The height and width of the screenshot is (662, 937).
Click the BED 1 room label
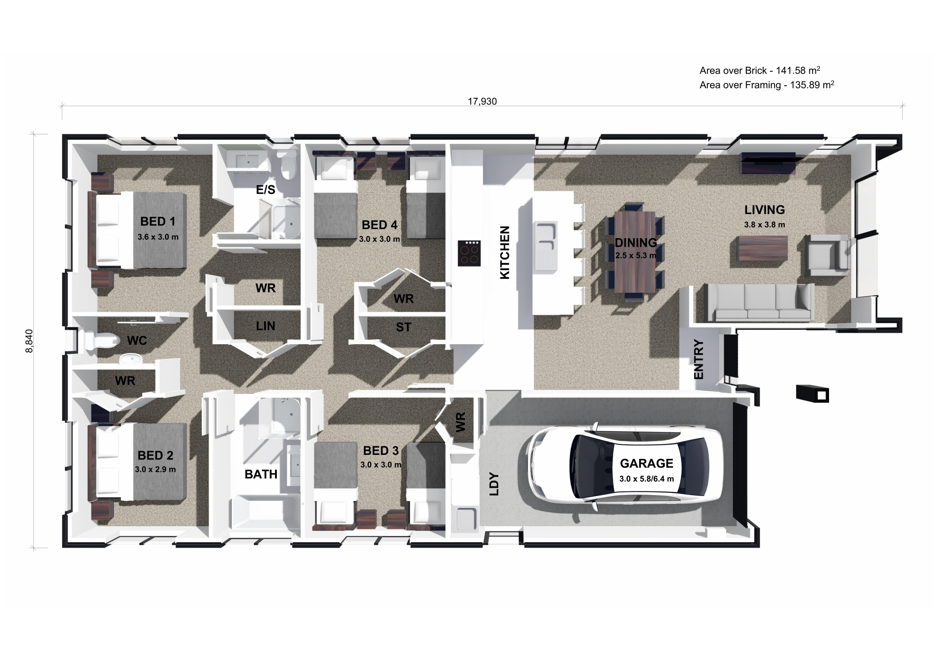point(158,222)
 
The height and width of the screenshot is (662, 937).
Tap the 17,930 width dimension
point(482,101)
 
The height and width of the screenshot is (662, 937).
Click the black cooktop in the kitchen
point(469,253)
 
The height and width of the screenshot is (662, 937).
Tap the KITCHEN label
point(504,252)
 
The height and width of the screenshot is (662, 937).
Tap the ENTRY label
point(699,359)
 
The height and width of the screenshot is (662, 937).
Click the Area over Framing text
point(767,85)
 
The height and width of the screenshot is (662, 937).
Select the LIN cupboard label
point(265,326)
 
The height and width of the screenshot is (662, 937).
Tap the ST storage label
point(404,327)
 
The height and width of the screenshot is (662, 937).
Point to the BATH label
point(261,474)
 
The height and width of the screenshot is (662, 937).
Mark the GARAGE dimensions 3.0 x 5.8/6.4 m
point(646,479)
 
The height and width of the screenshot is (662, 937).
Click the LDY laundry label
point(494,484)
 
